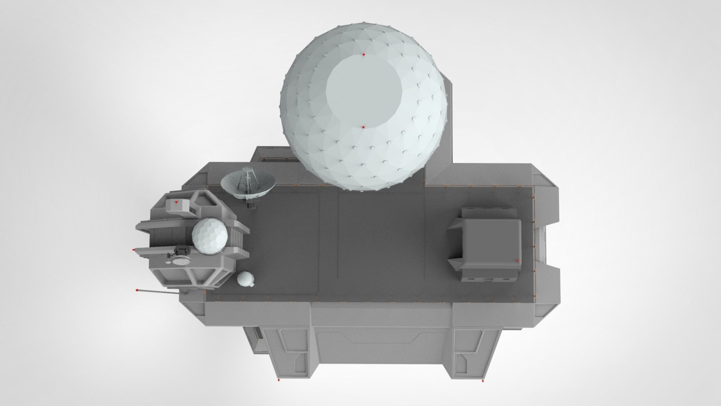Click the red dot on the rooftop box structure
pyautogui.click(x=517, y=260)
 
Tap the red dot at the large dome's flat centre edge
pyautogui.click(x=364, y=127)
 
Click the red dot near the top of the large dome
pyautogui.click(x=364, y=55)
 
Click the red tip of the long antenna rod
pyautogui.click(x=137, y=290)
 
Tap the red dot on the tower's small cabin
pyautogui.click(x=176, y=202)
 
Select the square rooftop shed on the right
pyautogui.click(x=490, y=245)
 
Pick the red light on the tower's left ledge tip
pyautogui.click(x=134, y=249)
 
